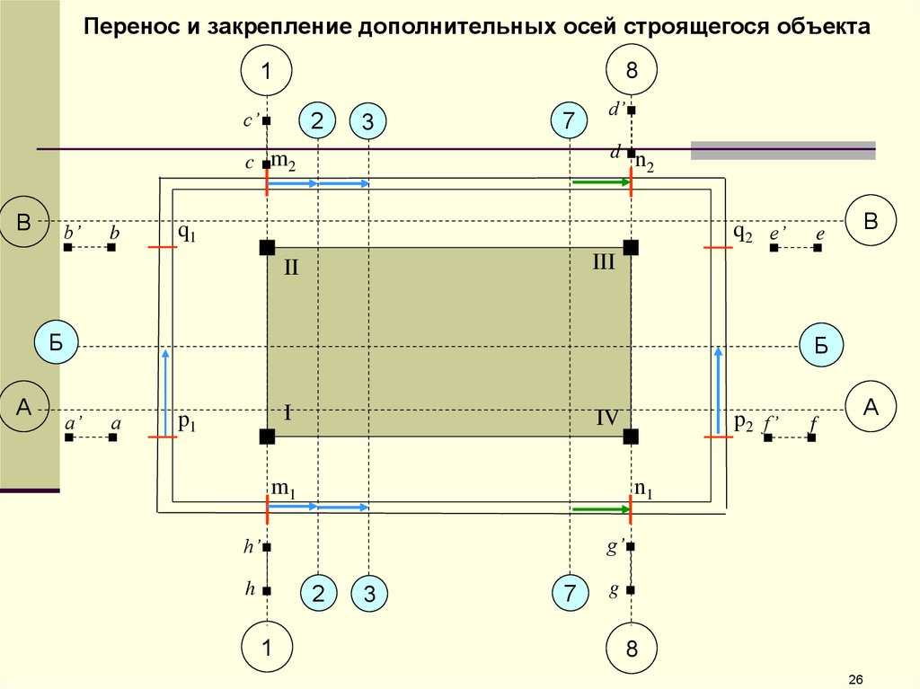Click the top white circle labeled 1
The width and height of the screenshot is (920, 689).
coord(267,71)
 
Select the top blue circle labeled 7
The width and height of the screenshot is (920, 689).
coord(568,121)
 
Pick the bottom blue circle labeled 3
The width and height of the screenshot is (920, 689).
coord(367,593)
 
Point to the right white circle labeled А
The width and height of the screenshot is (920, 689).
coord(870,407)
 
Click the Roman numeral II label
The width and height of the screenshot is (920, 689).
coord(291,268)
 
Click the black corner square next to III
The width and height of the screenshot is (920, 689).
coord(631,247)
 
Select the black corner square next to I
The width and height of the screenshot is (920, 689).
coord(267,437)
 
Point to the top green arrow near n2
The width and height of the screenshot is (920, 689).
coord(601,182)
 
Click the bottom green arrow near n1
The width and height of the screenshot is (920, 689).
coord(601,509)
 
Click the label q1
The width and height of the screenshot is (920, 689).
coord(186,233)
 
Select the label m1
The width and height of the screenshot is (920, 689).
coord(284,489)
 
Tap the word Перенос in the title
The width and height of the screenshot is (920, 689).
coord(129,26)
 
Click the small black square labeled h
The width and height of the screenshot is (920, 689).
coord(268,590)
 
